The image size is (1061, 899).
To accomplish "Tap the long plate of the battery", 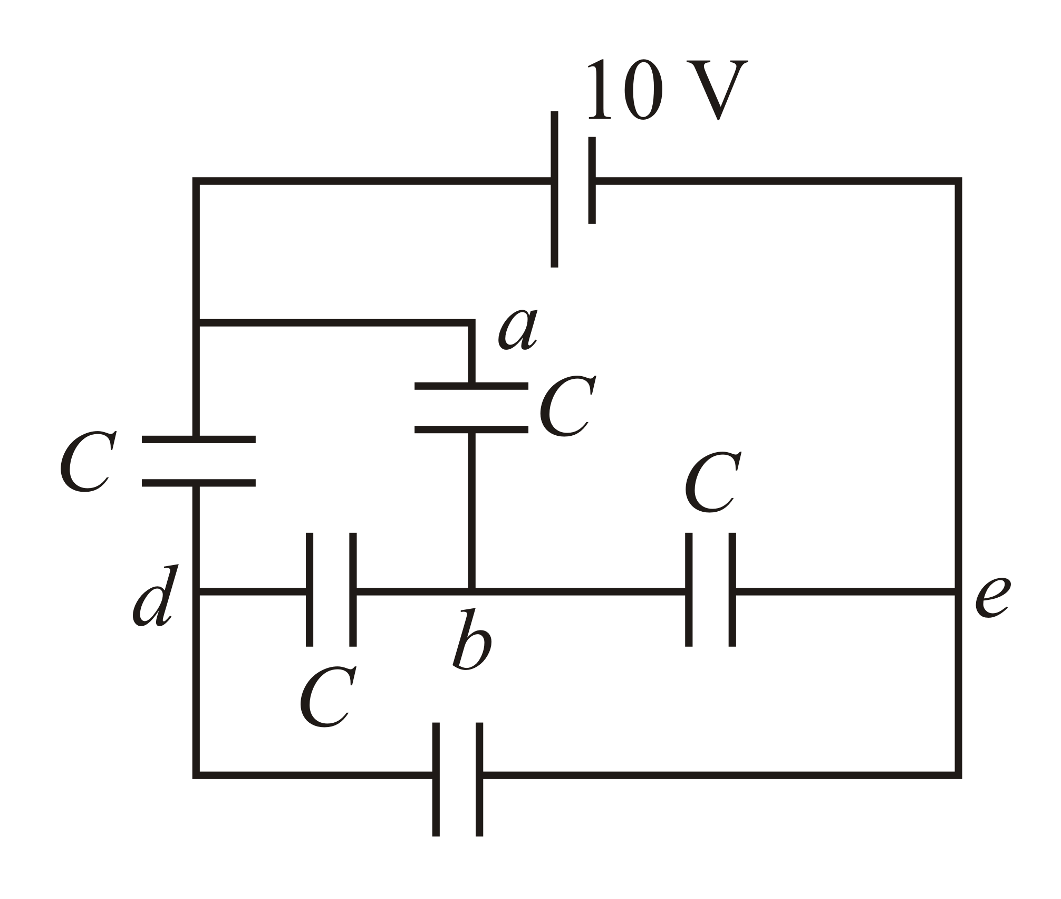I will click(x=554, y=189).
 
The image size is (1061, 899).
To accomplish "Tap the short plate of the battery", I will click(x=592, y=180).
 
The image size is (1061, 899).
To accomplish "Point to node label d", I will click(x=156, y=597).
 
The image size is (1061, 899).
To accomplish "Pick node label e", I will click(x=991, y=597).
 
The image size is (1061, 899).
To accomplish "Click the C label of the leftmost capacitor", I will click(x=87, y=463).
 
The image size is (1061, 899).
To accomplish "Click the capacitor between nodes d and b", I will click(x=331, y=590).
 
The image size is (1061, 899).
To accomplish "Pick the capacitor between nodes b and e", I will click(x=710, y=590).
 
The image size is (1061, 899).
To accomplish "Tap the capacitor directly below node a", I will click(x=471, y=408).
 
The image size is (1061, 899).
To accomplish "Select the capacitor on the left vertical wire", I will click(x=198, y=461).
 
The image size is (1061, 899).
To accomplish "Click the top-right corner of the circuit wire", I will click(x=958, y=181).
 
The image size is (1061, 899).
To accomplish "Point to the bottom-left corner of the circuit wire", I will click(x=196, y=775).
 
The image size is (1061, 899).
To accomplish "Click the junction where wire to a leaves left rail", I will click(x=196, y=322).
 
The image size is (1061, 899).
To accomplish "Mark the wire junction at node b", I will click(x=472, y=591).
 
